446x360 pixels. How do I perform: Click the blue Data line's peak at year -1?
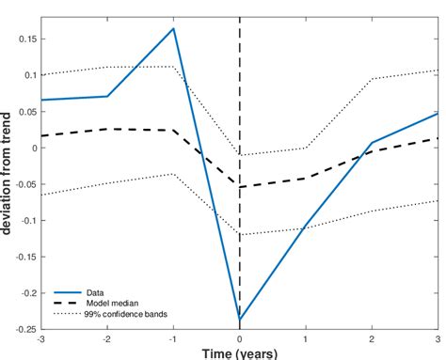coord(174,28)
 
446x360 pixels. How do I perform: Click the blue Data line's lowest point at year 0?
coord(240,320)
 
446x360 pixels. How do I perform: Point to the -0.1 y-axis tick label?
coord(27,221)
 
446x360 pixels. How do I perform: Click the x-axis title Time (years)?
coord(239,353)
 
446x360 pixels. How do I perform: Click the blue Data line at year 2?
coord(373,143)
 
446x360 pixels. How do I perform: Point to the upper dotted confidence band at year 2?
coord(373,79)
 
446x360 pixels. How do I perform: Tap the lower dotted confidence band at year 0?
coord(240,234)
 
